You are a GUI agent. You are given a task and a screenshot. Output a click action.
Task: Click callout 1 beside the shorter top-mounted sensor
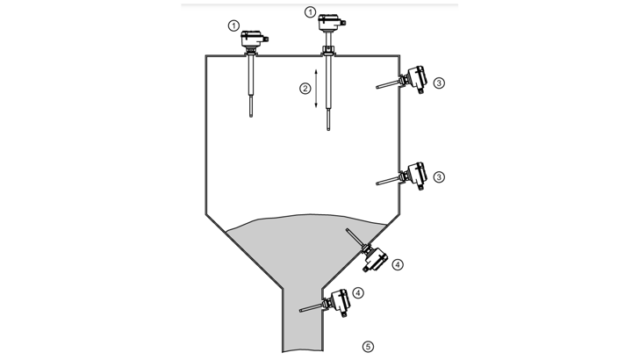(233, 26)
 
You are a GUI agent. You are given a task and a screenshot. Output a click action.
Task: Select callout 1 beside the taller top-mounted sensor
(310, 12)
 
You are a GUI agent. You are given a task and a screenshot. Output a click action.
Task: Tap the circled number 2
(305, 88)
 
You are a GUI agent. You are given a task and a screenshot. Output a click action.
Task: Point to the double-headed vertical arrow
(316, 89)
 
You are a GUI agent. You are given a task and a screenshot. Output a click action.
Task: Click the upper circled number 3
(439, 83)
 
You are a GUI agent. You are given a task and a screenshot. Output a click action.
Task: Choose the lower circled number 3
(439, 177)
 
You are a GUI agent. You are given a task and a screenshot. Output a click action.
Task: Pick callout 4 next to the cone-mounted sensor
(398, 264)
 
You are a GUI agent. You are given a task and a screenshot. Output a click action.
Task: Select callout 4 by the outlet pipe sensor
(358, 292)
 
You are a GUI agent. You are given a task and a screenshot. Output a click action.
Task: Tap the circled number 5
(368, 347)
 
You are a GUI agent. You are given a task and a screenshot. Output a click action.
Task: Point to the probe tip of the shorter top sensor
(251, 116)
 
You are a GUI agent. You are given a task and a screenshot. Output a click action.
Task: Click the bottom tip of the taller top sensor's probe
(328, 129)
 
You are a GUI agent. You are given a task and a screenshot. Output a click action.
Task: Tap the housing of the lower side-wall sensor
(417, 175)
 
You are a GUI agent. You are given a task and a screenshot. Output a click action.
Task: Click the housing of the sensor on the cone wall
(376, 259)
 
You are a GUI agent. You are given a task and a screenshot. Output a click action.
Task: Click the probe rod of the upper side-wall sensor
(388, 84)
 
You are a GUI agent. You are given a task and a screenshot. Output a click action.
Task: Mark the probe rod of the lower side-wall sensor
(388, 181)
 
